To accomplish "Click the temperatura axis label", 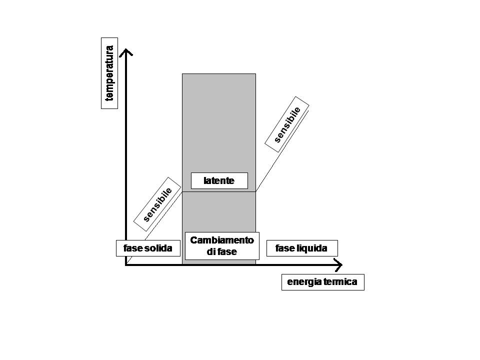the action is (x=109, y=73).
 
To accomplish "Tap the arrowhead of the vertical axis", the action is (x=126, y=52).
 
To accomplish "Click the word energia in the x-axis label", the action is (x=302, y=282).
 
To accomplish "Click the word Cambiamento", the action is (x=222, y=240).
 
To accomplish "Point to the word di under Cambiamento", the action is (x=211, y=252).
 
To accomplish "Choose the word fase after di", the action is (x=227, y=252).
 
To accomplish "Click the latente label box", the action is (x=219, y=180).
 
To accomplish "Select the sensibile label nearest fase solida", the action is (x=157, y=204).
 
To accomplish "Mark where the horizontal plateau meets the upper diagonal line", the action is (x=256, y=191).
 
